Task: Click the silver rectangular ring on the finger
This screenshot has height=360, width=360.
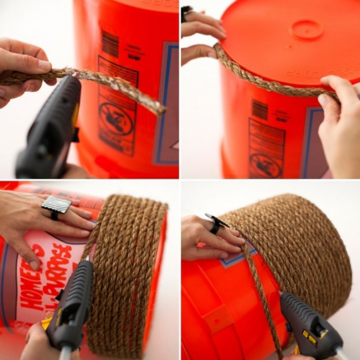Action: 56,205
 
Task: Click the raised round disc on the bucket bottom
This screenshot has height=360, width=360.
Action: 307,29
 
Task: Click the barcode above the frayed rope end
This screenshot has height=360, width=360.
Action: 110,44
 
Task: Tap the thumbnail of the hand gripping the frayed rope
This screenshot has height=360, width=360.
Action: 44,66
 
